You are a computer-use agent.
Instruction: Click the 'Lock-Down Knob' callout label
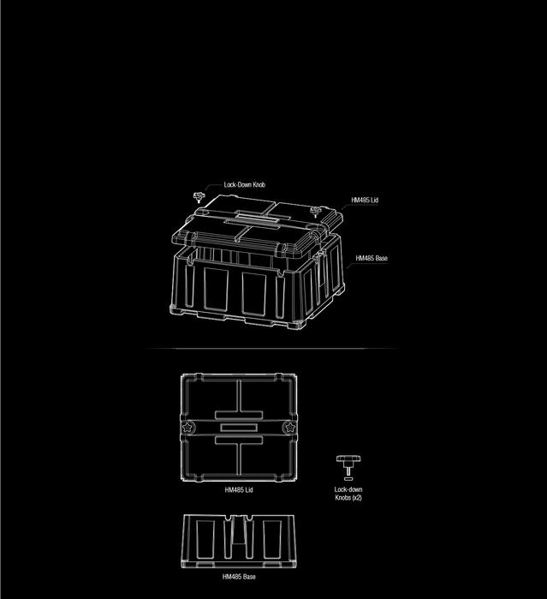pos(245,185)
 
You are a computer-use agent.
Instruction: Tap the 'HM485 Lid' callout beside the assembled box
pos(365,201)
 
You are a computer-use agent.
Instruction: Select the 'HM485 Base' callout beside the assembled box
pos(372,258)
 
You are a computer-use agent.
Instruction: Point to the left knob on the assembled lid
pos(199,198)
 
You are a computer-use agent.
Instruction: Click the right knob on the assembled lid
pos(315,211)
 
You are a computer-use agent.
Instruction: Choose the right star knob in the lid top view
pos(288,427)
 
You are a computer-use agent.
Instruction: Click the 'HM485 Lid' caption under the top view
pos(239,490)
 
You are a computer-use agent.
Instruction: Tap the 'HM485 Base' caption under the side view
pos(239,577)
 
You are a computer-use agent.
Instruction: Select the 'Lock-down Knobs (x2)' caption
pos(348,494)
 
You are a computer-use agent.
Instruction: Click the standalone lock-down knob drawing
pos(348,464)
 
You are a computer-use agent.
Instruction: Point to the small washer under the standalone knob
pos(348,479)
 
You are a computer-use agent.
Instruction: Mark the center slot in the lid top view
pos(239,427)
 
